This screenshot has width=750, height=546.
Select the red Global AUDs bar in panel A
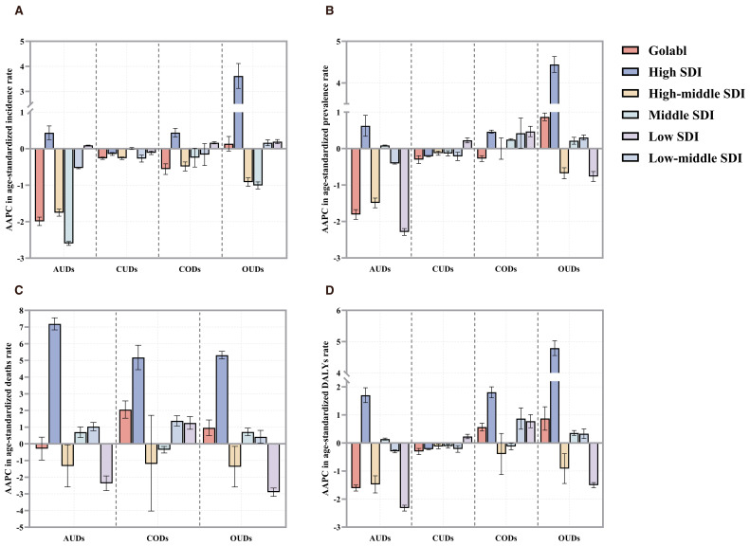pyautogui.click(x=40, y=185)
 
